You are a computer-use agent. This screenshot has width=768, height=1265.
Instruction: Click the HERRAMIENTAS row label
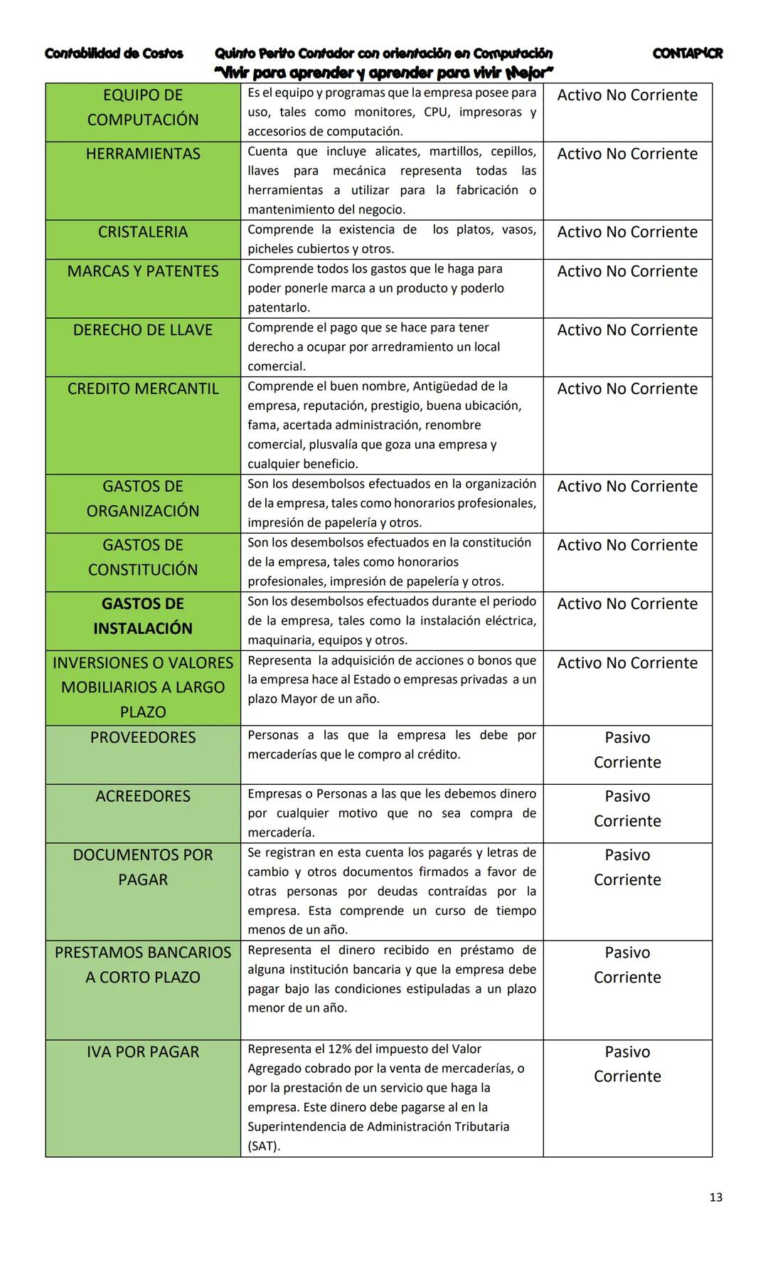point(143,154)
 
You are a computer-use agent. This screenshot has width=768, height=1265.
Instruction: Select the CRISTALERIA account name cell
point(143,233)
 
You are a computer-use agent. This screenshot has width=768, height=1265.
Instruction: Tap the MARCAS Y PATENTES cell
point(143,272)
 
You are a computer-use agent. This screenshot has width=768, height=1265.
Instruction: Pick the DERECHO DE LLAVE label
point(143,331)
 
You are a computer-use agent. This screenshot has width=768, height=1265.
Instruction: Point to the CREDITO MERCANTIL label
point(143,389)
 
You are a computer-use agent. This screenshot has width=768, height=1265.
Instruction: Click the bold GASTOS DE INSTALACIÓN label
point(143,616)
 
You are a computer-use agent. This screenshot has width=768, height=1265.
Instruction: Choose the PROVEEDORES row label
point(143,738)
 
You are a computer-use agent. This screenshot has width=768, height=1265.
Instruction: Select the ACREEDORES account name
point(143,797)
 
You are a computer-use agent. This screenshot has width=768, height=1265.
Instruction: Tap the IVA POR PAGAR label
point(143,1052)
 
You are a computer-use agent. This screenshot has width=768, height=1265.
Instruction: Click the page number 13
point(715,1197)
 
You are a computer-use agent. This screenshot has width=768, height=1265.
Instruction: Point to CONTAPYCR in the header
point(687,54)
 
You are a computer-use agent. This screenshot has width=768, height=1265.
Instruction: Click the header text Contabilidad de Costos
point(114,54)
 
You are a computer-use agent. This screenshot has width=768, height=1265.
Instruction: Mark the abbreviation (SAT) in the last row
point(264,1146)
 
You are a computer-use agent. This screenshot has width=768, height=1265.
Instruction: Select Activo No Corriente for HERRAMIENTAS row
point(627,154)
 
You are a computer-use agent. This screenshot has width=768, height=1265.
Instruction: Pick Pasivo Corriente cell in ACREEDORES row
point(627,809)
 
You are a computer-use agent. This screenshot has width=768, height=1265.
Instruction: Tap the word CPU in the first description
point(435,112)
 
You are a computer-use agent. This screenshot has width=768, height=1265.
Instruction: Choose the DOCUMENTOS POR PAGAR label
point(143,867)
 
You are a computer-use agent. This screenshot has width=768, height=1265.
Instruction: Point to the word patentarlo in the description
point(278,308)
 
